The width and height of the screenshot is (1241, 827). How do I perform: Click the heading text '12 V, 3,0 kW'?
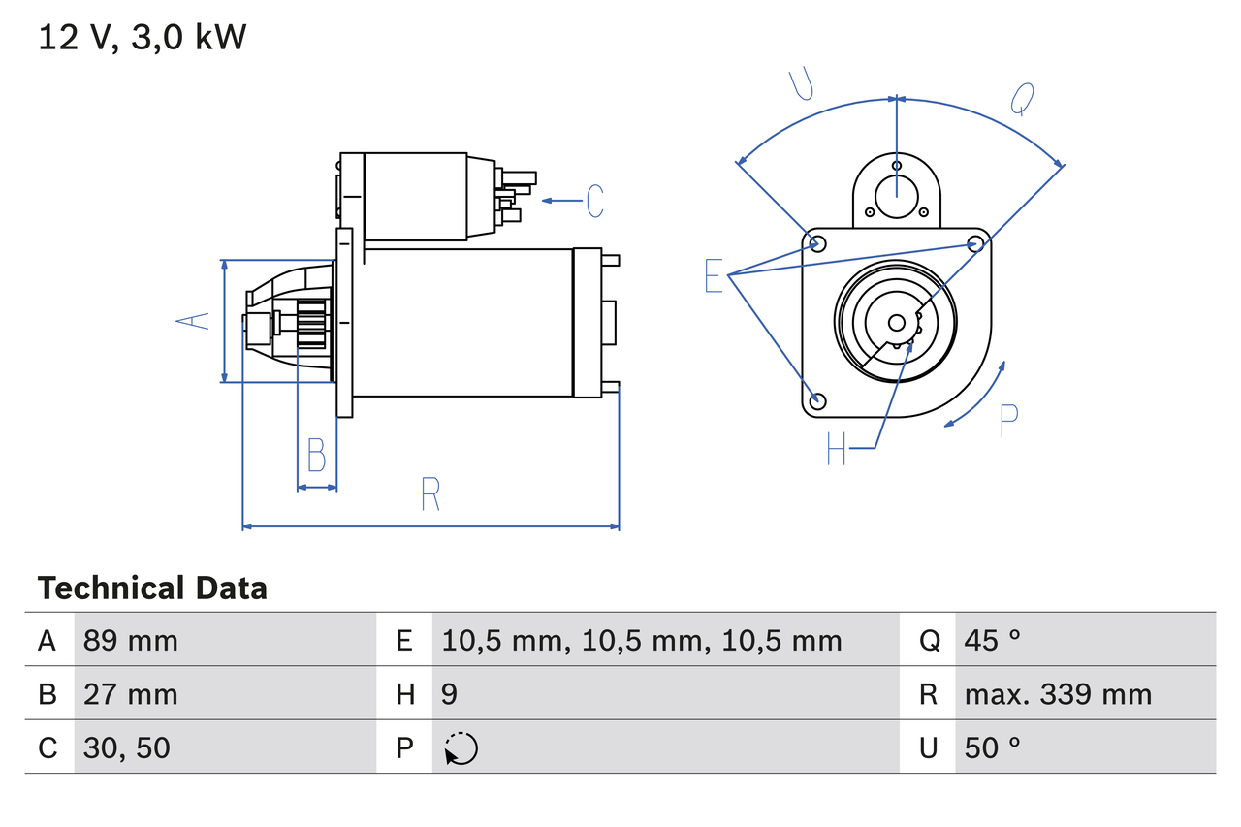coord(143,38)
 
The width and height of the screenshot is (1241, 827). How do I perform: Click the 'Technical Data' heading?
coord(152,588)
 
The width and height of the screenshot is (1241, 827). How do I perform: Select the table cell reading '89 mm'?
coord(131,640)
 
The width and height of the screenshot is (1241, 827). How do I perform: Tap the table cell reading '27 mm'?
coord(131,694)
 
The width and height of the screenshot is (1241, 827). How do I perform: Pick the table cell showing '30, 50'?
coord(127,747)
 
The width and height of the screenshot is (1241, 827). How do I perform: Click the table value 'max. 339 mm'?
coord(1058,694)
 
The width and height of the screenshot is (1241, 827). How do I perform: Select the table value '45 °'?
coord(993,640)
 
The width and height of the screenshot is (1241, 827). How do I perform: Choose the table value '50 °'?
coord(993,747)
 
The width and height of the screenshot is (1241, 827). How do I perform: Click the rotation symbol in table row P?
coord(461,748)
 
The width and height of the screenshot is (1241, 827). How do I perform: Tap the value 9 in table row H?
coord(450,694)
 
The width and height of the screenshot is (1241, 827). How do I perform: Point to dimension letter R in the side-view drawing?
coord(431,494)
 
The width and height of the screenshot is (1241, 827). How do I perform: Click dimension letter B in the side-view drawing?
coord(316,455)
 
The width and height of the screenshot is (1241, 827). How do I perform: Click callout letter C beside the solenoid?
coord(594,201)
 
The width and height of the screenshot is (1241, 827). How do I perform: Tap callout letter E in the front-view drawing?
coord(715,276)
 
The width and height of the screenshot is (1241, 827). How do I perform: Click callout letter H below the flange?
coord(837,448)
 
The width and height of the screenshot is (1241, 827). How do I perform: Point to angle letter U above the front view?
coord(801,84)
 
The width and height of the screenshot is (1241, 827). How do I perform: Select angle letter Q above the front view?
coord(1022,98)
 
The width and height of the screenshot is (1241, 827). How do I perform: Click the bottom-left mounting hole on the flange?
coord(817,400)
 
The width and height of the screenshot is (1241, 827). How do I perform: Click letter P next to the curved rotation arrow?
coord(1008,420)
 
